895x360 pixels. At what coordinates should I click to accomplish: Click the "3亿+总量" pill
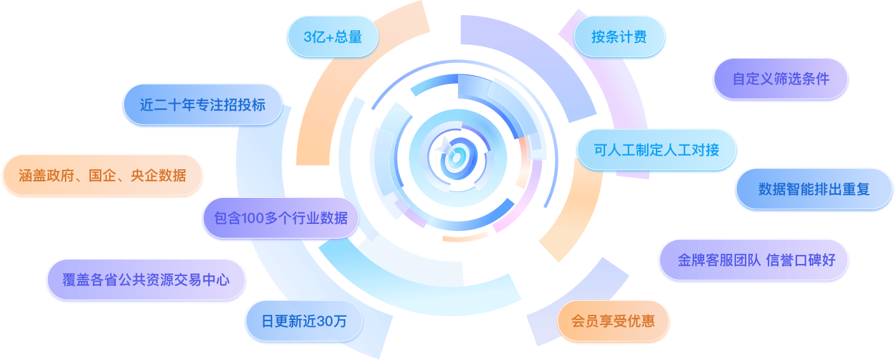tap(333, 37)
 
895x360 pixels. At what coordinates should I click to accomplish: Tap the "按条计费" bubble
tap(619, 37)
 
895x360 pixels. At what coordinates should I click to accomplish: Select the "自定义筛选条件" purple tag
tap(781, 79)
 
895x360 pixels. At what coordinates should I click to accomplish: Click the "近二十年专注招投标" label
tap(203, 105)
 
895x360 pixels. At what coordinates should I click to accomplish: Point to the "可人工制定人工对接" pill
tap(656, 150)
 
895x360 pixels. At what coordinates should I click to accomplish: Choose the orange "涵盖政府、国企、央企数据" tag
tap(102, 176)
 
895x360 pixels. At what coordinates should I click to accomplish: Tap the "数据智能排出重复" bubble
tap(814, 189)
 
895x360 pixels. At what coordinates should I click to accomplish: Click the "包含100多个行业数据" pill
tap(281, 218)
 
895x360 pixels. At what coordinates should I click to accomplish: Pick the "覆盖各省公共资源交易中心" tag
tap(146, 280)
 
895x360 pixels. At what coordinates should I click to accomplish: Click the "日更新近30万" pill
tap(304, 321)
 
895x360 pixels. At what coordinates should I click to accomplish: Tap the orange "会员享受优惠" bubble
tap(613, 321)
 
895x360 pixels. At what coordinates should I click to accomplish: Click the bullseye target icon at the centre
tap(457, 158)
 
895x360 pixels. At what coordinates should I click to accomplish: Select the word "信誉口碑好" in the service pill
tap(801, 260)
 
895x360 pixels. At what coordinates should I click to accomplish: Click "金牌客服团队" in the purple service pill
tap(719, 260)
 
